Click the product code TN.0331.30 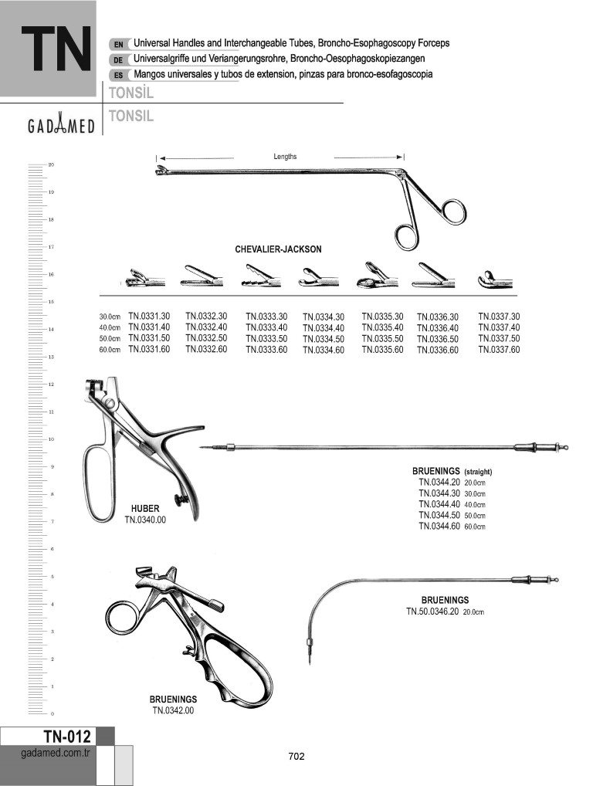[x=149, y=316]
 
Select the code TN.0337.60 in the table [x=499, y=350]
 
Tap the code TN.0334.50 [x=324, y=339]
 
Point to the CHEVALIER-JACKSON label [x=278, y=249]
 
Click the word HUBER [x=145, y=509]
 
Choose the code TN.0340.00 [x=145, y=520]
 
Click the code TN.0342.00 [x=173, y=710]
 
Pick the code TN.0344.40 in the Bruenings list [x=439, y=504]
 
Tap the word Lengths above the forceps [x=285, y=157]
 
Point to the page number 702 [x=296, y=757]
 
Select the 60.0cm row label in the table [x=110, y=350]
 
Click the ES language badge [x=118, y=75]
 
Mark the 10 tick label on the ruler [x=51, y=439]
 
